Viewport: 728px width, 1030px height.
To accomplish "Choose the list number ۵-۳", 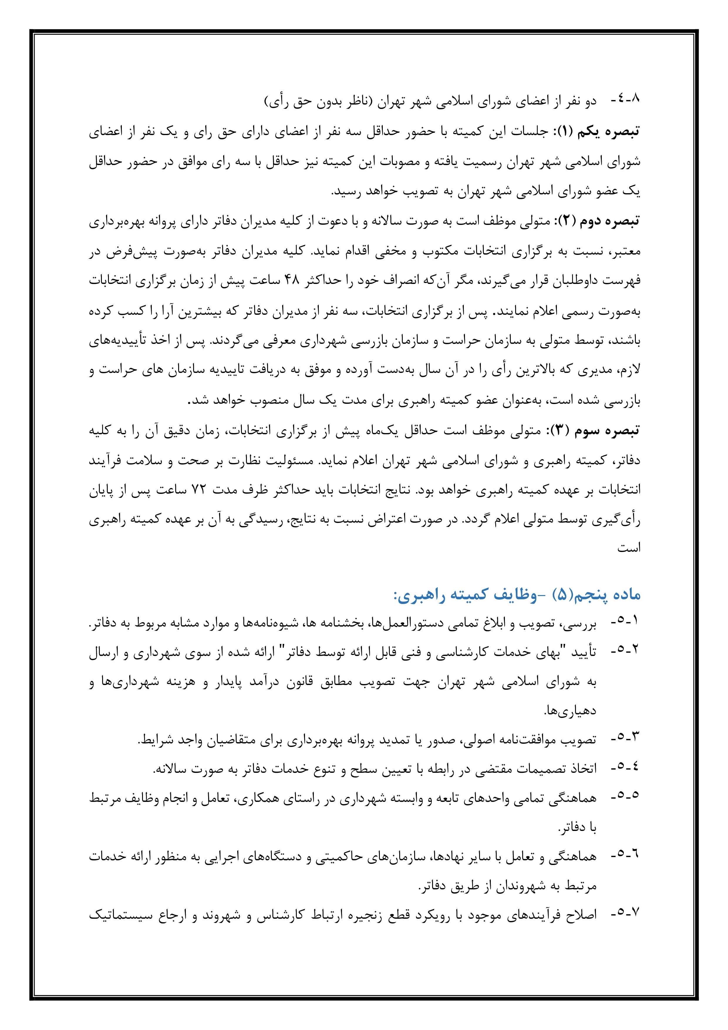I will click(626, 740).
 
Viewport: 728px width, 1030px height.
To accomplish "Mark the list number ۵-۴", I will click(626, 768).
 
